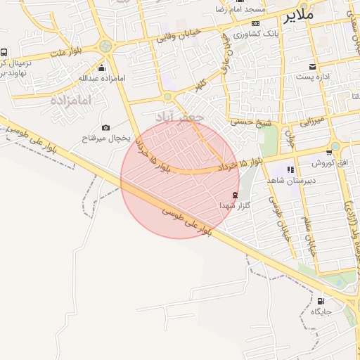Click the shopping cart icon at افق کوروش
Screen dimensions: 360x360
click(328, 153)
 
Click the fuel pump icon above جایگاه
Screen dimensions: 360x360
click(321, 300)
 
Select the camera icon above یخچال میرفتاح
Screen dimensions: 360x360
click(105, 127)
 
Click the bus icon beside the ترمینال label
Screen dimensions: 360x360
click(5, 53)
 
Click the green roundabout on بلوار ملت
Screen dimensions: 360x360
click(106, 46)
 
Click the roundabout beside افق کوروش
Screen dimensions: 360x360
click(336, 147)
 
